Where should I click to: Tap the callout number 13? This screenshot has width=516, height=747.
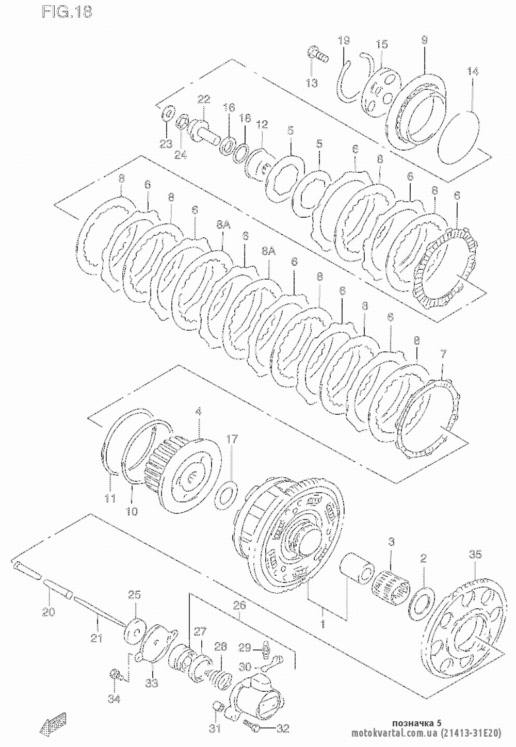(x=312, y=83)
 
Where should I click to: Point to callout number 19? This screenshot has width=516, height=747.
(x=344, y=40)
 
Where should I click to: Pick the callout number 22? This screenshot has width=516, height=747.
(x=203, y=99)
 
